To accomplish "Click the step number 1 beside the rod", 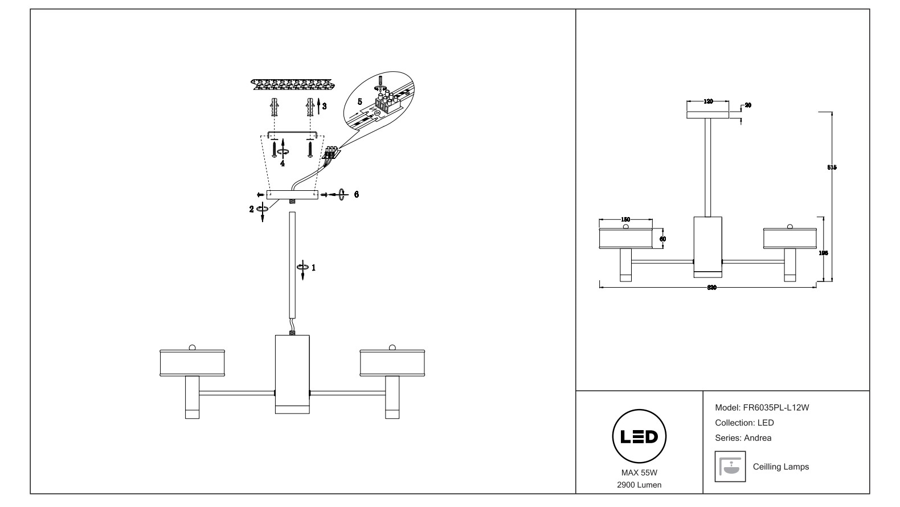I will pos(313,267).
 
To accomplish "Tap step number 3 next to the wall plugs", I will pos(324,106).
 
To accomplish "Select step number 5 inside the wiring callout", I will pos(359,101).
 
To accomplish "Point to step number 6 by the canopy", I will pos(356,194).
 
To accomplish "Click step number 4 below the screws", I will pos(283,163).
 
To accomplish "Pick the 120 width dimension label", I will pos(708,101).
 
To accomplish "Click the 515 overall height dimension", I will pos(832,167).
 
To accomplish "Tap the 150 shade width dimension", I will pos(625,219).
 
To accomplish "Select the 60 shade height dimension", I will pos(662,239).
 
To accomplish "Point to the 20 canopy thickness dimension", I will pos(748,105).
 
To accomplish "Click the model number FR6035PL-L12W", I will pos(776,408).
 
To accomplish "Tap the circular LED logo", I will pos(639,437).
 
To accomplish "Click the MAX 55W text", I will pos(639,473).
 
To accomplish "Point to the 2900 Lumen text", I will pos(639,485).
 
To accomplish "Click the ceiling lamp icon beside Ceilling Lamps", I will pos(730,467).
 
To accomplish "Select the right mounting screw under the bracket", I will pos(310,148).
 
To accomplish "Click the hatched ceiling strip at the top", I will pos(291,85).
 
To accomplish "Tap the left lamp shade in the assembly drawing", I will pos(191,363).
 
